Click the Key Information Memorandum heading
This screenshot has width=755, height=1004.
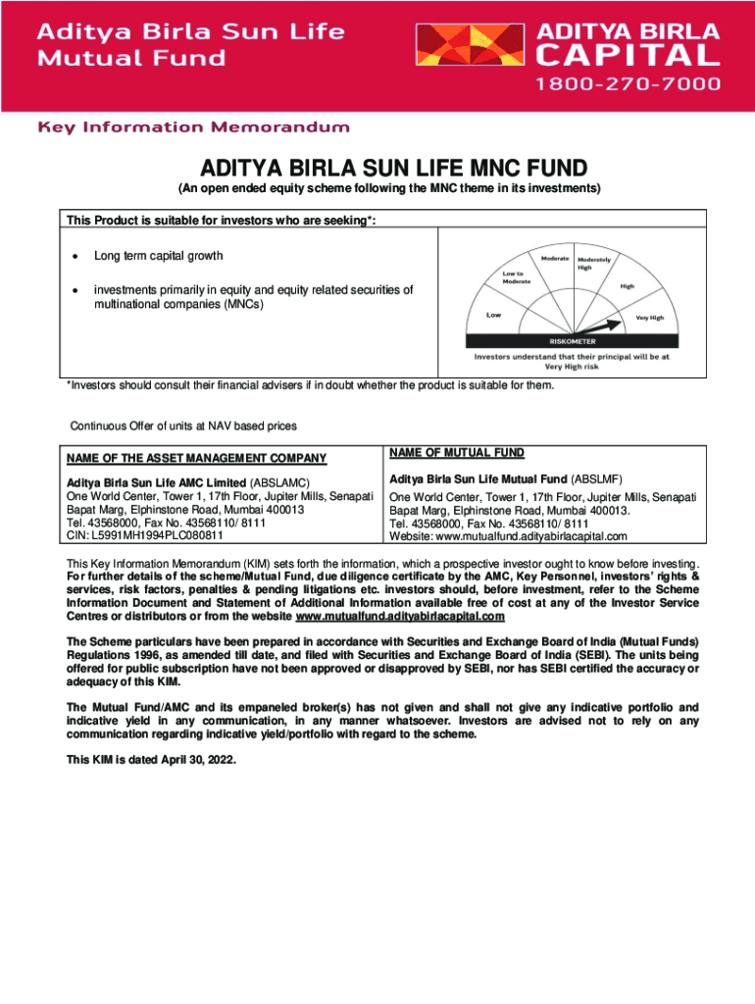[193, 127]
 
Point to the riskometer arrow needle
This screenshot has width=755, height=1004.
[601, 326]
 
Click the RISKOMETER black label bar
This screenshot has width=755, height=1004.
[572, 341]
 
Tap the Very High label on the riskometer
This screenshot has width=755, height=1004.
[649, 318]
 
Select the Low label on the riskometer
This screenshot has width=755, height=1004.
[494, 316]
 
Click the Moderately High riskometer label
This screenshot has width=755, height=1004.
[595, 263]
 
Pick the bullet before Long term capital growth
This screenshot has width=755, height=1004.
[74, 256]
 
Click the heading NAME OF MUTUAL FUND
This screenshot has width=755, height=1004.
[456, 453]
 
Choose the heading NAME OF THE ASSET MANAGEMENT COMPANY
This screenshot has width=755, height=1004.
[196, 458]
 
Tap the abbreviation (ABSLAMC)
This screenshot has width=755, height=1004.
[281, 482]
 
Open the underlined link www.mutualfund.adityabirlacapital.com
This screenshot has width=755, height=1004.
[400, 617]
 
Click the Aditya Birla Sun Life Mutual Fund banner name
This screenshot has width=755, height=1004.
[191, 43]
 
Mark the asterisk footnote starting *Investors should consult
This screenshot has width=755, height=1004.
[310, 385]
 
